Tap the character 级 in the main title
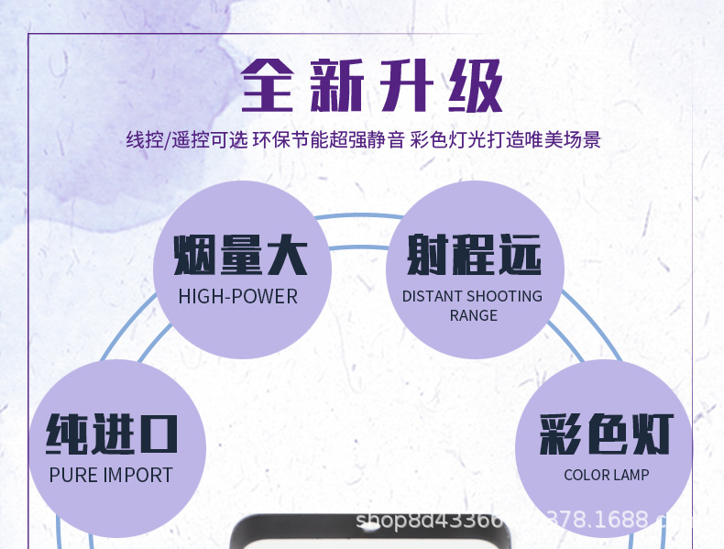[468, 87]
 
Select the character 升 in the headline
[404, 87]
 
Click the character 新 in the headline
[337, 87]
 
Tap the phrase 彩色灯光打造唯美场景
[505, 140]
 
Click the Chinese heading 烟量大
[239, 255]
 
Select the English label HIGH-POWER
[238, 296]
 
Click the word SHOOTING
[506, 296]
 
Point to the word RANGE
[473, 315]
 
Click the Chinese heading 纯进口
[111, 434]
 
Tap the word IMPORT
[137, 475]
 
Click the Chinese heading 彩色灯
[606, 434]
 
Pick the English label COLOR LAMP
[606, 475]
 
